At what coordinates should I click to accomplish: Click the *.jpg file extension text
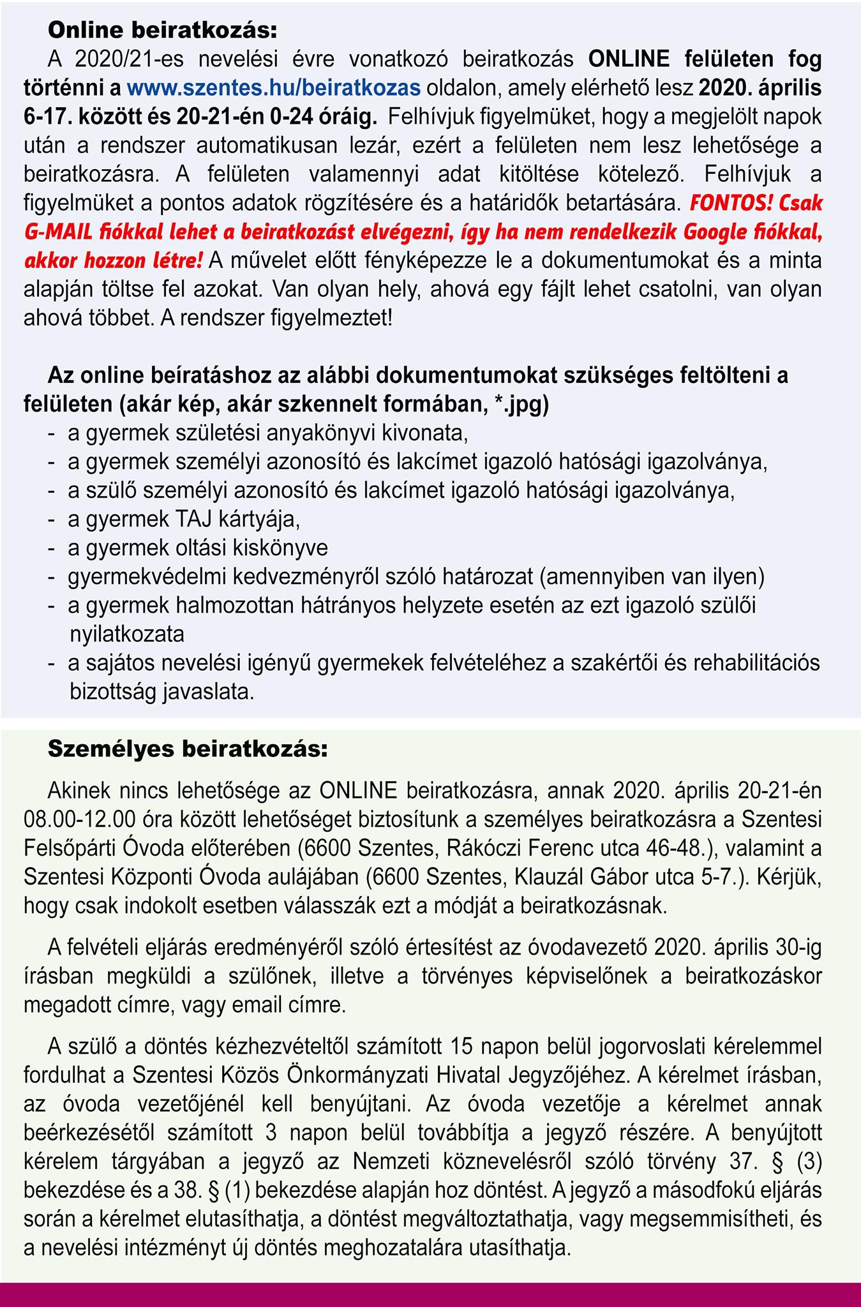(x=521, y=404)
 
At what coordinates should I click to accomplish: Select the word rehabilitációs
(x=756, y=663)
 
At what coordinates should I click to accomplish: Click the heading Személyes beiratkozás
(x=188, y=749)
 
